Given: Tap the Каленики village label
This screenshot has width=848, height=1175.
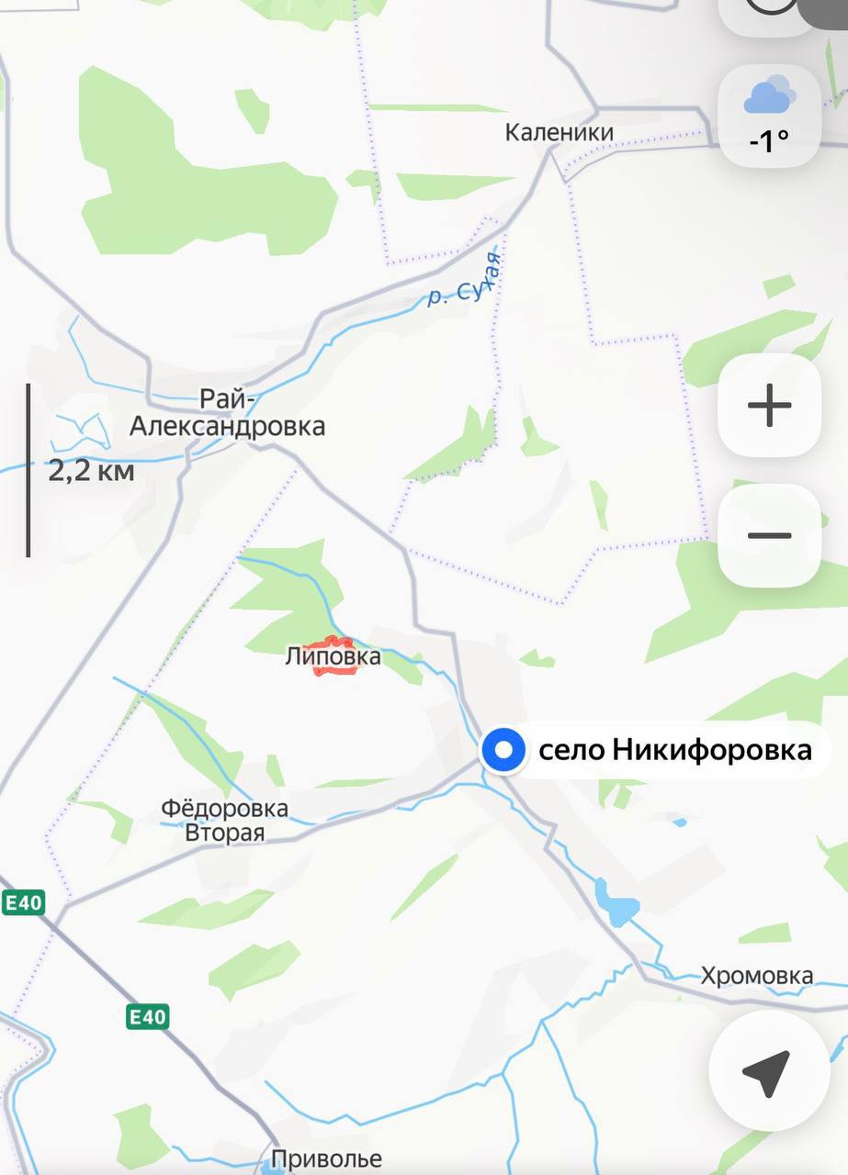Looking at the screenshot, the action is [559, 133].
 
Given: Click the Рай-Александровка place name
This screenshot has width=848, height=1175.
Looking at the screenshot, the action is [227, 413].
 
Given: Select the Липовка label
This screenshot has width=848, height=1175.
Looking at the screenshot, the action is [333, 657].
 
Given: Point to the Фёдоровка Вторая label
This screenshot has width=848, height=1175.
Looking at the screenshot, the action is [224, 821].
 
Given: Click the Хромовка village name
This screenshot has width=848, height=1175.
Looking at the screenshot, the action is [756, 976].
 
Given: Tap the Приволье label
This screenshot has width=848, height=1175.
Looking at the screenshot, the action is [326, 1159].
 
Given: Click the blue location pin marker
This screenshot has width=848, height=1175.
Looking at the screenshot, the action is [503, 751].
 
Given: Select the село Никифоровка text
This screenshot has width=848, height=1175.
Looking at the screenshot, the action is [674, 751].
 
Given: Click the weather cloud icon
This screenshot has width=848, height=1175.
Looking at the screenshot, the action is [769, 96].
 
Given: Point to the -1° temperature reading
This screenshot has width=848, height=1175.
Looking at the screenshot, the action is [769, 140].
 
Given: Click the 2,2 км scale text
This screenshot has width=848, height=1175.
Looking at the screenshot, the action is [91, 472].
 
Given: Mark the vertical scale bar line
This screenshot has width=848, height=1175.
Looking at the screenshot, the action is [28, 470].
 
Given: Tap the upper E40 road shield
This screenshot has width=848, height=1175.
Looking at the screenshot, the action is [23, 902].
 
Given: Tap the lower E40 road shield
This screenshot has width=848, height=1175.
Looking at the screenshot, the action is [147, 1016].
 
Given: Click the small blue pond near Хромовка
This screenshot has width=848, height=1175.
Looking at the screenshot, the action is [617, 903].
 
